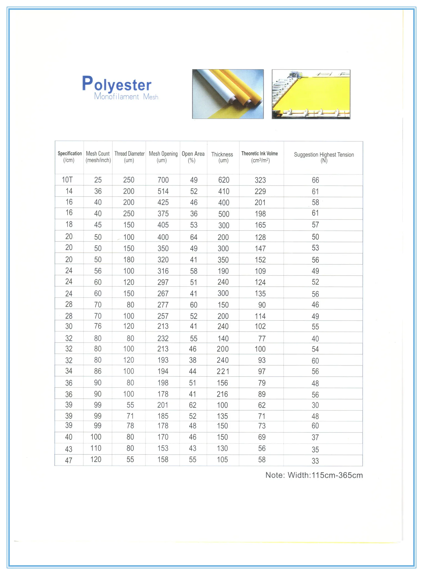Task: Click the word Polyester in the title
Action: tap(117, 84)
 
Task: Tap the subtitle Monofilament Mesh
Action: tap(126, 97)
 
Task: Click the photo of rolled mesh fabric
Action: tap(228, 94)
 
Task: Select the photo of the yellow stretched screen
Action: tap(311, 94)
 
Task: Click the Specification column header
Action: tap(70, 157)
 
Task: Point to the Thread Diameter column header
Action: tap(129, 157)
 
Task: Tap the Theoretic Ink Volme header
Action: tap(260, 157)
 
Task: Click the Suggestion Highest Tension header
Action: tap(324, 157)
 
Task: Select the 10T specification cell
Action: tap(67, 180)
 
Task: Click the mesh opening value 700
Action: tap(163, 180)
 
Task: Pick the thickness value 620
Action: tap(224, 180)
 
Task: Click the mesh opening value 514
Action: tap(163, 191)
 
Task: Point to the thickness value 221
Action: tap(223, 371)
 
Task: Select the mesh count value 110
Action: tap(96, 448)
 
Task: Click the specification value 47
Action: tap(69, 460)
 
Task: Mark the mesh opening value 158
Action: tap(163, 459)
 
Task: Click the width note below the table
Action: tap(314, 475)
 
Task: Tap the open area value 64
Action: tap(194, 237)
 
